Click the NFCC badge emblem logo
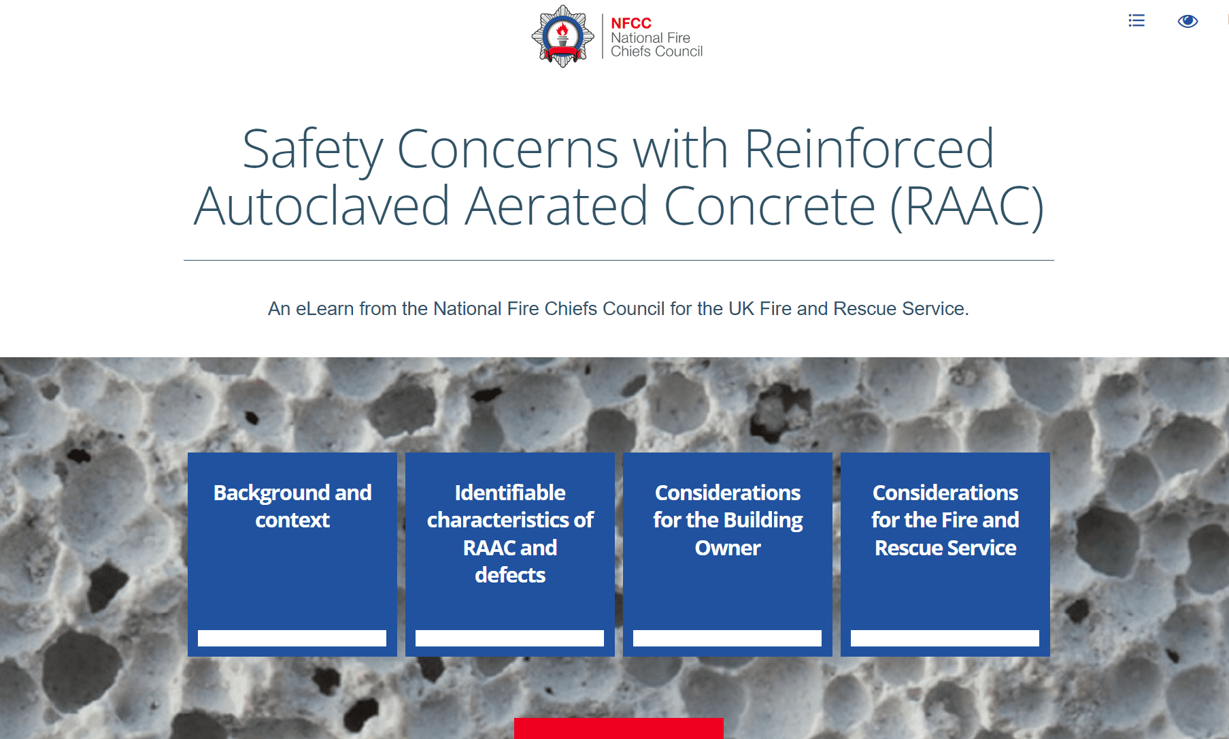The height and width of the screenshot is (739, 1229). click(x=562, y=37)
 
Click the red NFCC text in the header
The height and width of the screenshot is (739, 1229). click(x=630, y=23)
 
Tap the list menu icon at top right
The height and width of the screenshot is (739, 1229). click(x=1137, y=20)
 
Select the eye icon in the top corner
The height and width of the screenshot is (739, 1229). click(x=1188, y=21)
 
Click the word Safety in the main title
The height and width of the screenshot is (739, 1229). click(x=313, y=150)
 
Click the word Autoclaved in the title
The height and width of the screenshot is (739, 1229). click(x=322, y=206)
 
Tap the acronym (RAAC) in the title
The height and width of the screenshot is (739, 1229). click(x=966, y=206)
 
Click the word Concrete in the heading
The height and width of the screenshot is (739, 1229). click(x=769, y=206)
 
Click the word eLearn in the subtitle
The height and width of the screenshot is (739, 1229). click(x=324, y=309)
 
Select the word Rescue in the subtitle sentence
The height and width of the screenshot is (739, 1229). click(x=864, y=309)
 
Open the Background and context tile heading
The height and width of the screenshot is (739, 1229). click(x=292, y=506)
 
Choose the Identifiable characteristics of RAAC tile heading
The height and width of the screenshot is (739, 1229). click(x=510, y=533)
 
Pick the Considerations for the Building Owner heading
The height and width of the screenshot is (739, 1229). click(x=728, y=520)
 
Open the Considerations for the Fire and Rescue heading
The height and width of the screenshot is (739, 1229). click(x=945, y=520)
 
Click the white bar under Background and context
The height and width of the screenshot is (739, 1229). click(x=292, y=638)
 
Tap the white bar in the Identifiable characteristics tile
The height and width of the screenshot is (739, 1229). click(x=510, y=638)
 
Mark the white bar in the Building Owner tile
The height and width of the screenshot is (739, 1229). click(x=728, y=638)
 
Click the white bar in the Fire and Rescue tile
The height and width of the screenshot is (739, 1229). click(x=945, y=638)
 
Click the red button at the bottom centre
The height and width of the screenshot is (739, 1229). click(x=619, y=729)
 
